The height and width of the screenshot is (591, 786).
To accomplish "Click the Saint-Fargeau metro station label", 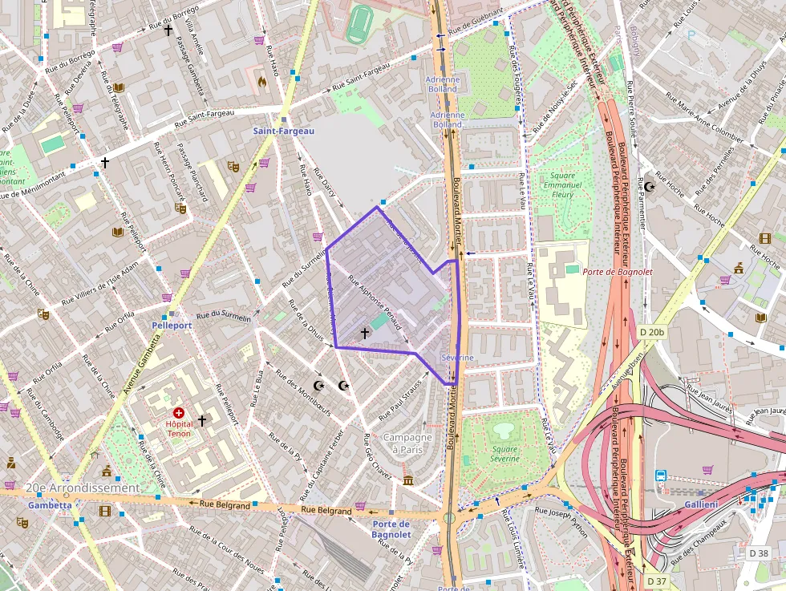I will [x=284, y=131].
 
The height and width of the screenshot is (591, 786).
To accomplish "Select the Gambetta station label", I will [x=50, y=506].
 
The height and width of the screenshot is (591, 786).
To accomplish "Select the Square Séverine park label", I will [x=505, y=454].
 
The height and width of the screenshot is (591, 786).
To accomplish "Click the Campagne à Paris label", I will [x=407, y=443].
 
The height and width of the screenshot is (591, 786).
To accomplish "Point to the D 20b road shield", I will [x=653, y=332].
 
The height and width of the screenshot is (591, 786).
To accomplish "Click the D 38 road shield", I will [x=759, y=553].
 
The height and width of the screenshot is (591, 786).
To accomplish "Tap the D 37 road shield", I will [x=656, y=581].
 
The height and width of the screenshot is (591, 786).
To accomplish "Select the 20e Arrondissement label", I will [x=83, y=488].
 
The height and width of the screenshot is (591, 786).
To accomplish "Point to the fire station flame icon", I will [x=261, y=81].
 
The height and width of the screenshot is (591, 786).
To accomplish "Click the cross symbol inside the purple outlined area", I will [x=364, y=332].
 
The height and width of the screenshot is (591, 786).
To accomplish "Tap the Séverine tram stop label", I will [x=457, y=357].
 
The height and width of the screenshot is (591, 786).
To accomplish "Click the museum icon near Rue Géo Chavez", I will [x=408, y=480].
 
